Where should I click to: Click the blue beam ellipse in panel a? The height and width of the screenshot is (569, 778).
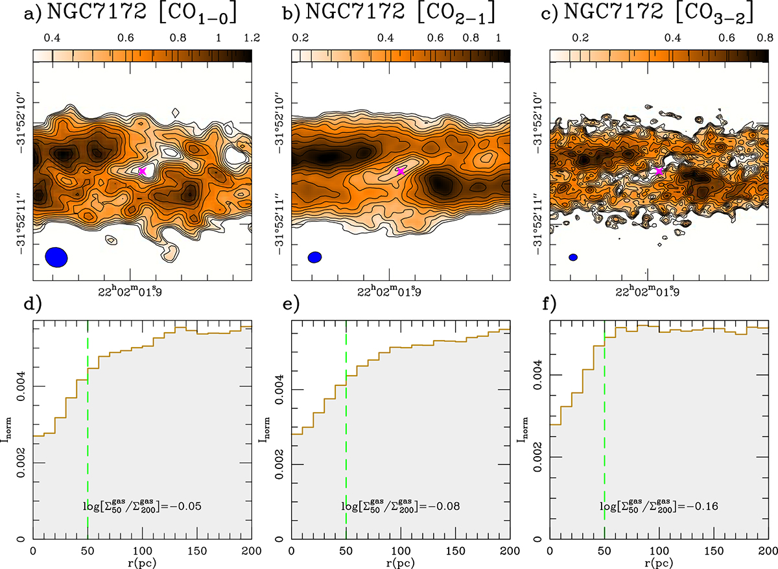(x=56, y=257)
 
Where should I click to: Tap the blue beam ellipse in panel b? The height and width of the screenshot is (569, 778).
(x=315, y=257)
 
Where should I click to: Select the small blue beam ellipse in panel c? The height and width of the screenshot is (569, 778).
(x=573, y=257)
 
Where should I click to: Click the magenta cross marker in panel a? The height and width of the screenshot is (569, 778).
(x=143, y=171)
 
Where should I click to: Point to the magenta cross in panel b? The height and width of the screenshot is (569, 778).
(x=401, y=171)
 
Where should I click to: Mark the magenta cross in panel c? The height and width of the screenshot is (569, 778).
(x=659, y=171)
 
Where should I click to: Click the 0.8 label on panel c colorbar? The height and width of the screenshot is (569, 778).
(x=760, y=38)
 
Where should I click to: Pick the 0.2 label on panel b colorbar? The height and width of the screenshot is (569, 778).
(x=300, y=38)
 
